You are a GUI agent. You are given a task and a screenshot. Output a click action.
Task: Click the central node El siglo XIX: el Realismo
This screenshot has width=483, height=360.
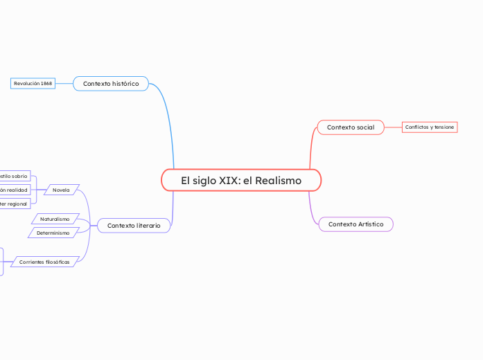(241, 181)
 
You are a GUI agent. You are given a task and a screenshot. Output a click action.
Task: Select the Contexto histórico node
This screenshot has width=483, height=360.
(111, 84)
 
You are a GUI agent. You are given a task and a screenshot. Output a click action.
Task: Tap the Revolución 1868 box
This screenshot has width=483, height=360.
(33, 84)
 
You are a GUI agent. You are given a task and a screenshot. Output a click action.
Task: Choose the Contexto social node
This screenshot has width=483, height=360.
(351, 127)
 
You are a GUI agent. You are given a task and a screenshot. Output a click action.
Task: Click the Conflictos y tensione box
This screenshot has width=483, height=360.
(430, 127)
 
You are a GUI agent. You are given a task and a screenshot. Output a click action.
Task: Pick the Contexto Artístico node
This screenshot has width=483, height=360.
(355, 224)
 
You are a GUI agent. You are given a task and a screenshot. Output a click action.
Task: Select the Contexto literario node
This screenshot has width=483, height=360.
(134, 226)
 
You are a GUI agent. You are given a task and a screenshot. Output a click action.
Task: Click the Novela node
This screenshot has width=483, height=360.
(62, 190)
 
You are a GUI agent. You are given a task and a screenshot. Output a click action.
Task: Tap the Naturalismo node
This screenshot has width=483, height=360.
(55, 219)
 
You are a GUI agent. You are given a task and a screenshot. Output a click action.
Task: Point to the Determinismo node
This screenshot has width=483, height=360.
(53, 233)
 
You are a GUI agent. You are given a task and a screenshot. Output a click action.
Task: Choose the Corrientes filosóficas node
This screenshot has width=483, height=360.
(45, 262)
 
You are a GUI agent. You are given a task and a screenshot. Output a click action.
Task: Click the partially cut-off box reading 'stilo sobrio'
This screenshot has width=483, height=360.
(14, 177)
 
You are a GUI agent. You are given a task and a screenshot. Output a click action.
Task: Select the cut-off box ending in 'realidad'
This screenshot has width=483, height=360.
(15, 190)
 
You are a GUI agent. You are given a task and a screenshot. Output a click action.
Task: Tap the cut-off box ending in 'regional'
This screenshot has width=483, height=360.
(14, 204)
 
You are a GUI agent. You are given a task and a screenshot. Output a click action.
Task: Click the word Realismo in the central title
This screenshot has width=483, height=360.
(278, 181)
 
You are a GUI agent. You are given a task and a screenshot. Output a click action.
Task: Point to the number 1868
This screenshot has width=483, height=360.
(46, 84)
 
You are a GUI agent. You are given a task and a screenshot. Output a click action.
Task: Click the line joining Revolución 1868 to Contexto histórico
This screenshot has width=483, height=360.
(64, 84)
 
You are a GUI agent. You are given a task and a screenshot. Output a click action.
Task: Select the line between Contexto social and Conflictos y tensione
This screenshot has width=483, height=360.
(393, 127)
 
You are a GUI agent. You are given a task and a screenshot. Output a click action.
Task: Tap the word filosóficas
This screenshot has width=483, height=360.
(58, 262)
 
